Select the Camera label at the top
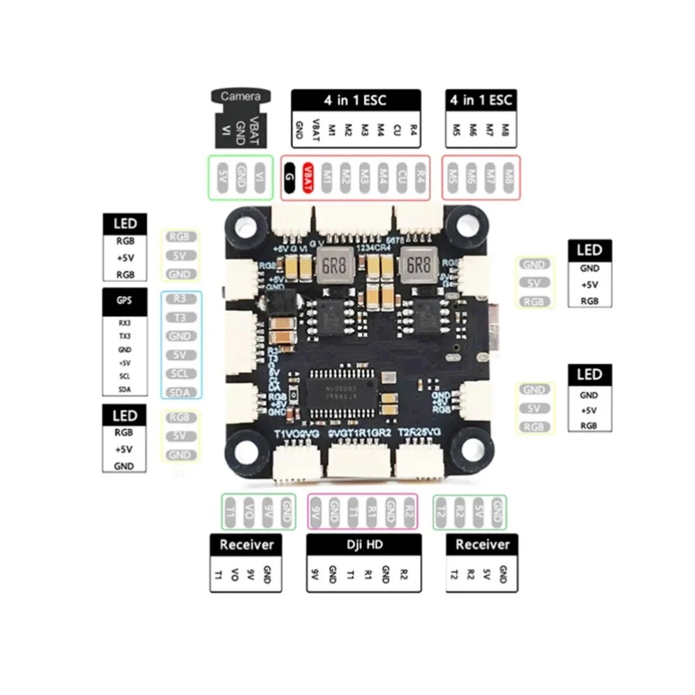[240, 97]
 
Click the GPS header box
[124, 301]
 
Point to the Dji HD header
[363, 544]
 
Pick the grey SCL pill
[180, 373]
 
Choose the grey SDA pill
[180, 392]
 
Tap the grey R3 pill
[180, 299]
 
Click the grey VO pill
[250, 512]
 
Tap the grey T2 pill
[442, 512]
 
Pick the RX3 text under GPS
[124, 323]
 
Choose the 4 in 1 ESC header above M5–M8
[481, 100]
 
